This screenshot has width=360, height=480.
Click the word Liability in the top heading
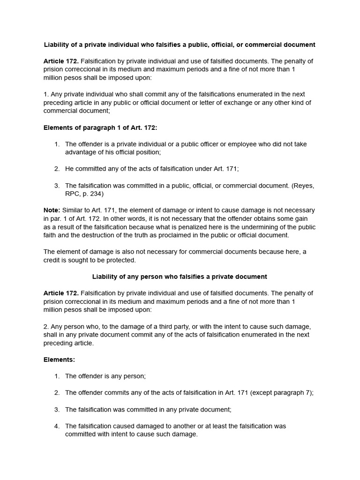coord(57,45)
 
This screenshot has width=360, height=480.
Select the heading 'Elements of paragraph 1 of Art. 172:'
coord(97,127)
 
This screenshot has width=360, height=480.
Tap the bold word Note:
coord(52,210)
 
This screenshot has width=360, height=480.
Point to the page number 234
coord(96,194)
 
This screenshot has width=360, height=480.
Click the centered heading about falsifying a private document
coord(180,277)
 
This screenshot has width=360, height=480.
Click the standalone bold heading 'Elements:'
coord(59,360)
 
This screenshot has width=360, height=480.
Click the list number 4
coord(56,426)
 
